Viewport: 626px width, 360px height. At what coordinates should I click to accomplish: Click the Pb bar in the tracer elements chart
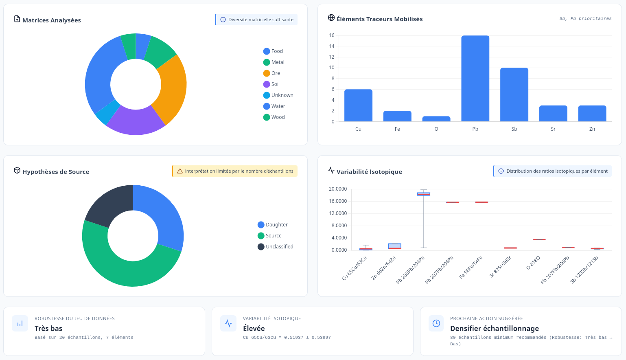tap(475, 78)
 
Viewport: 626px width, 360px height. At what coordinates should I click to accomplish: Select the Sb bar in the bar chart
tap(514, 94)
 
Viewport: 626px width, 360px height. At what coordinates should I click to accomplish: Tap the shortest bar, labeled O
tap(436, 119)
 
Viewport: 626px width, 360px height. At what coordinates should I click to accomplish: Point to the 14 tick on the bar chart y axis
tap(332, 46)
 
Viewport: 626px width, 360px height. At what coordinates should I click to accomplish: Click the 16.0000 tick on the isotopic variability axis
tap(338, 201)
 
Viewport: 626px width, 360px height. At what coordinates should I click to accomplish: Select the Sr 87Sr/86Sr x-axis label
tap(501, 267)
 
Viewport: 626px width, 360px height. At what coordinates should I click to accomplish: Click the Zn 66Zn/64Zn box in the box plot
tap(395, 246)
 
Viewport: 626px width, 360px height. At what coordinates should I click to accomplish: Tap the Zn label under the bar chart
tap(592, 129)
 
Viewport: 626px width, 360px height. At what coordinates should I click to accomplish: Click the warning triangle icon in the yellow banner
tap(180, 171)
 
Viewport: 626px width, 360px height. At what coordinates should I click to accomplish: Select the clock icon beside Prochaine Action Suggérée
tap(436, 323)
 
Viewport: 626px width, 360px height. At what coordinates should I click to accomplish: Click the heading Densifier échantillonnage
tap(494, 329)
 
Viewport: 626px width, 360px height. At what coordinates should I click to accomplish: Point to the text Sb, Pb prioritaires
tap(585, 19)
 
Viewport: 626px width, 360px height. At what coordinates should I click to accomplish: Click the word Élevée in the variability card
tap(254, 329)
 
